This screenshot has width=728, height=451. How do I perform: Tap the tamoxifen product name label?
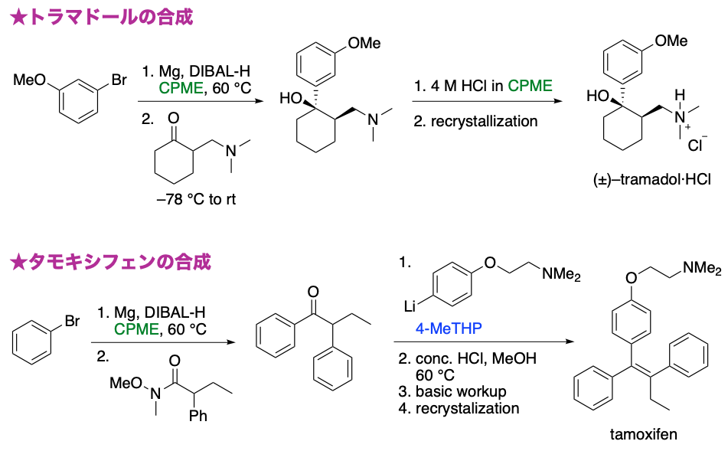[x=643, y=435]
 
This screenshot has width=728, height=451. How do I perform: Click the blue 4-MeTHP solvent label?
[x=449, y=328]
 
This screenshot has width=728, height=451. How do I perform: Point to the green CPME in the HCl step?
[x=530, y=86]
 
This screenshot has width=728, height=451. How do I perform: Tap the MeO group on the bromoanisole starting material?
[x=28, y=79]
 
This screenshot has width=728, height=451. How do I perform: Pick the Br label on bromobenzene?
[x=71, y=322]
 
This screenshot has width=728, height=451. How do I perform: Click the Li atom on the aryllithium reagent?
[x=410, y=306]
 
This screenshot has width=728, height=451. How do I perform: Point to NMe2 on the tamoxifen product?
[x=702, y=268]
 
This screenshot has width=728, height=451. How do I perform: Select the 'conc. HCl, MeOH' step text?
[x=475, y=358]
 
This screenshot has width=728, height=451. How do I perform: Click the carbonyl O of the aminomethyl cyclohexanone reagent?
[x=175, y=118]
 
